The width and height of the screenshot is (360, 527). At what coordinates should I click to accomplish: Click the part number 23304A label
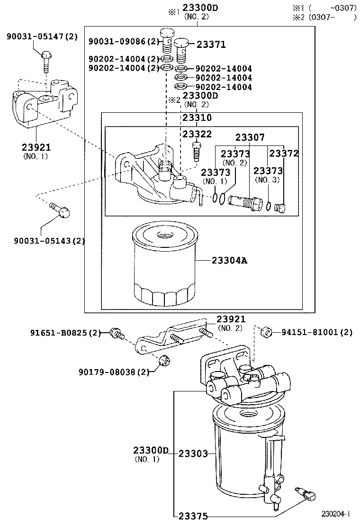coord(230,260)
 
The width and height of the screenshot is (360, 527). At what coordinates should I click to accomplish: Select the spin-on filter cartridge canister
coord(163,265)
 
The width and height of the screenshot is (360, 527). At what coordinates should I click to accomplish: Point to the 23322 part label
coord(197,135)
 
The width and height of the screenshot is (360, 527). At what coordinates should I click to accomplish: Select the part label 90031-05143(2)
coord(49,240)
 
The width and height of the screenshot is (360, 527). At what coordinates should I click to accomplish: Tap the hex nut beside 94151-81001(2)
coord(266,332)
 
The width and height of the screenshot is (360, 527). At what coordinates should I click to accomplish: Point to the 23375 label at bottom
coord(193,516)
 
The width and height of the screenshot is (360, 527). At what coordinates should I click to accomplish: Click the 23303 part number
coord(193,454)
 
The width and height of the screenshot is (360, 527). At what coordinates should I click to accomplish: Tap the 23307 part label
coord(250,137)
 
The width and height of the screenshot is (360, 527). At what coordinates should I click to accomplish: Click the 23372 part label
coord(284,153)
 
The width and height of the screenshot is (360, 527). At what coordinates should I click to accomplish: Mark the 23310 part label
coord(197,118)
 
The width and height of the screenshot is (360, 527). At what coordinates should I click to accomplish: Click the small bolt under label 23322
coord(195,152)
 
